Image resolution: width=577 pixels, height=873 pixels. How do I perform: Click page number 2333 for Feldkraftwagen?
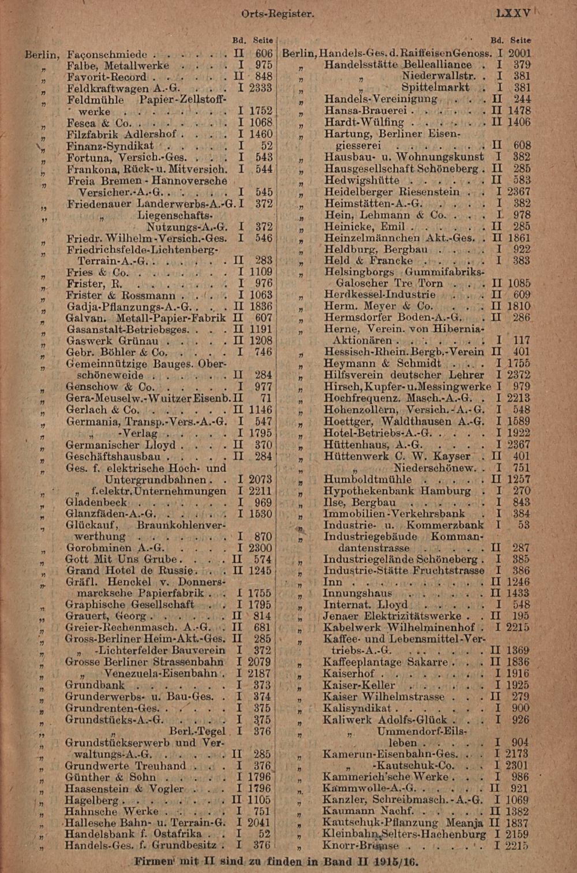pos(260,88)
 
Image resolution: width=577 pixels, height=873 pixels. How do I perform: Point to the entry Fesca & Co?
pos(99,123)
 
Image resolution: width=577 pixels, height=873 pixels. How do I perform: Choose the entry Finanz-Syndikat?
pos(110,146)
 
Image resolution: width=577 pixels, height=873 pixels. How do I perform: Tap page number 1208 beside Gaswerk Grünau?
pos(260,341)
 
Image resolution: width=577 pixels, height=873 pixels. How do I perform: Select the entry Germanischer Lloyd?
pos(121,445)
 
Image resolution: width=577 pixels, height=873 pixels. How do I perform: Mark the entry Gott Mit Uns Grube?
pos(122,559)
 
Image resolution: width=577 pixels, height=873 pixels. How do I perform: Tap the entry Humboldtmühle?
pos(368,479)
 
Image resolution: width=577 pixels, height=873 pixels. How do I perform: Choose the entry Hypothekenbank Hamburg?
pos(397,491)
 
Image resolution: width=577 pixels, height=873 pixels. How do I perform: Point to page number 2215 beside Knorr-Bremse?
pos(517,845)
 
